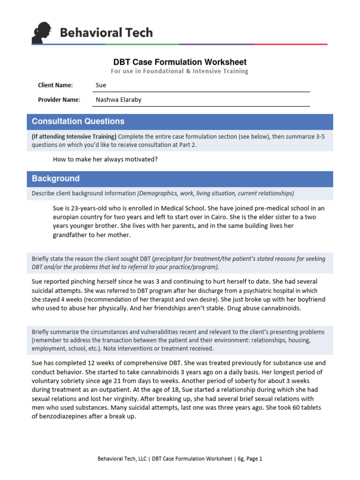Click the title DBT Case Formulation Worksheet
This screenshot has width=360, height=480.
pyautogui.click(x=180, y=62)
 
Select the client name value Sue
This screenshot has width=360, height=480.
pyautogui.click(x=101, y=85)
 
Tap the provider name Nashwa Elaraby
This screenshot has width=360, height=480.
pyautogui.click(x=118, y=100)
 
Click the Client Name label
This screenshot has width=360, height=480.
pyautogui.click(x=55, y=85)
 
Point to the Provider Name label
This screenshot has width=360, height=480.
pyautogui.click(x=59, y=100)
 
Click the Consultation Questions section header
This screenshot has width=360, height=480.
pyautogui.click(x=78, y=121)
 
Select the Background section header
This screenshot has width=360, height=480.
pyautogui.click(x=56, y=179)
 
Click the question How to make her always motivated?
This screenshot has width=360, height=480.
pyautogui.click(x=105, y=159)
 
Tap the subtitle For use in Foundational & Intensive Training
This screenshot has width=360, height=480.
pyautogui.click(x=180, y=71)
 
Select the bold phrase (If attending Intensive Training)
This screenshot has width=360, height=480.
pyautogui.click(x=74, y=136)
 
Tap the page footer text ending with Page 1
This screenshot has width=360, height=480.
pyautogui.click(x=180, y=459)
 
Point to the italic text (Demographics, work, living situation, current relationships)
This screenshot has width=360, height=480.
pyautogui.click(x=216, y=194)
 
